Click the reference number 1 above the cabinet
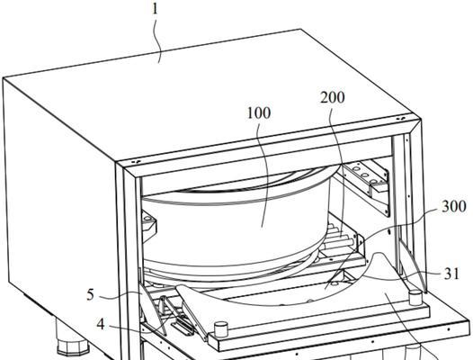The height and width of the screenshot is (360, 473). (155, 9)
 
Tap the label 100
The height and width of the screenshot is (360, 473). (259, 113)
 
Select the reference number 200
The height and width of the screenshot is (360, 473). (332, 98)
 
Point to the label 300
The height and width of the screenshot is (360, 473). (454, 207)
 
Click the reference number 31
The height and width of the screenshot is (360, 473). (451, 274)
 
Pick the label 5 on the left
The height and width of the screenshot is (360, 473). (91, 294)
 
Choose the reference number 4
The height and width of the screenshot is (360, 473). (101, 325)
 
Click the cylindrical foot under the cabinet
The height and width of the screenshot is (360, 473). (73, 337)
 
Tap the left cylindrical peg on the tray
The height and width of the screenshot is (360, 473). (220, 328)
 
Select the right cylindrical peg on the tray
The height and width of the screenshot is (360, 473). (415, 298)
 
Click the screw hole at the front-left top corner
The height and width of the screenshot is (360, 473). (135, 162)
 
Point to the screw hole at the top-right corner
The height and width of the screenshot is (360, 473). (400, 119)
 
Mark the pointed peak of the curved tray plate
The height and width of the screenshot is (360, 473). (379, 253)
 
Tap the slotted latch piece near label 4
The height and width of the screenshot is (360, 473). (183, 328)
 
